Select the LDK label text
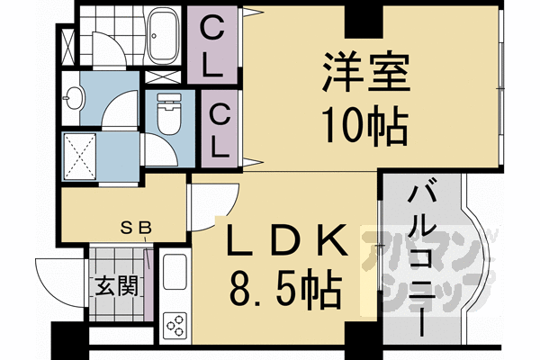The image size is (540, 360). [284, 242]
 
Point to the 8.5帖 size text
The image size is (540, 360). [284, 290]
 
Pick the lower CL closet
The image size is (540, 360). [220, 128]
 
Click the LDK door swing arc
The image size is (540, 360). [216, 202]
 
